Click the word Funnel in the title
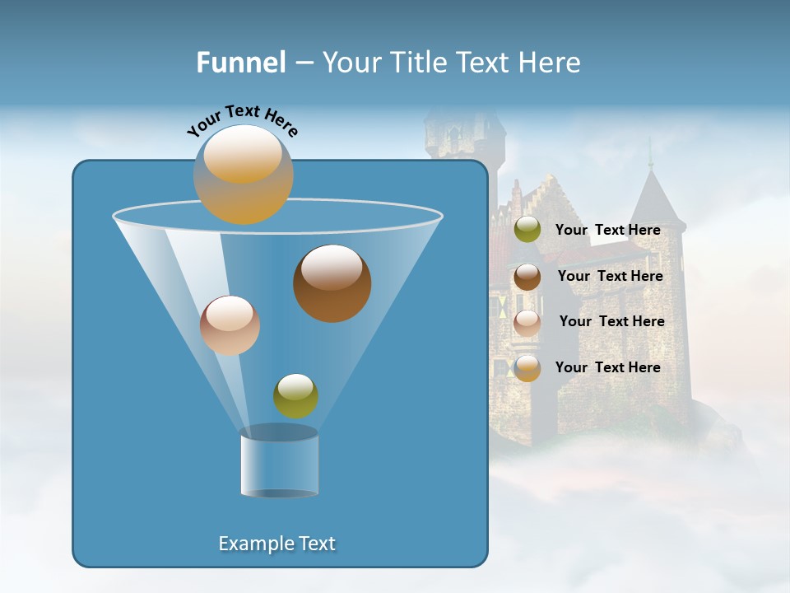(x=240, y=63)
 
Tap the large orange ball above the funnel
(x=243, y=175)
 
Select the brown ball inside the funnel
(x=332, y=283)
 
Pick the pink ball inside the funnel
(x=230, y=325)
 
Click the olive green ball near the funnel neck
(x=295, y=395)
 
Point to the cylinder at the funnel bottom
(x=279, y=464)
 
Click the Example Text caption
(x=276, y=544)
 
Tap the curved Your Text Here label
(x=242, y=119)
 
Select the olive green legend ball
(x=527, y=230)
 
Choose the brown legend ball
(x=527, y=277)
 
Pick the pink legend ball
(x=527, y=323)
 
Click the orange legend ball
(x=527, y=368)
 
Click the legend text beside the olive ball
(x=607, y=230)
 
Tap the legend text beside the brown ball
(x=610, y=276)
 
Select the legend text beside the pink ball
(x=611, y=321)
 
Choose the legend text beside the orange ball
(x=607, y=367)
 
